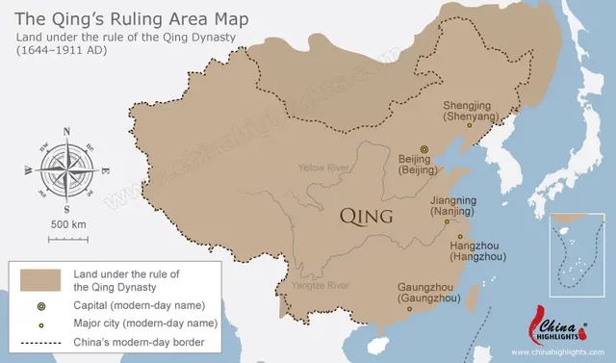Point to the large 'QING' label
tap(367, 217)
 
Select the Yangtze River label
tap(320, 285)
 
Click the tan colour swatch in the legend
tap(39, 280)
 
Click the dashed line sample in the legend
tap(39, 341)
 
